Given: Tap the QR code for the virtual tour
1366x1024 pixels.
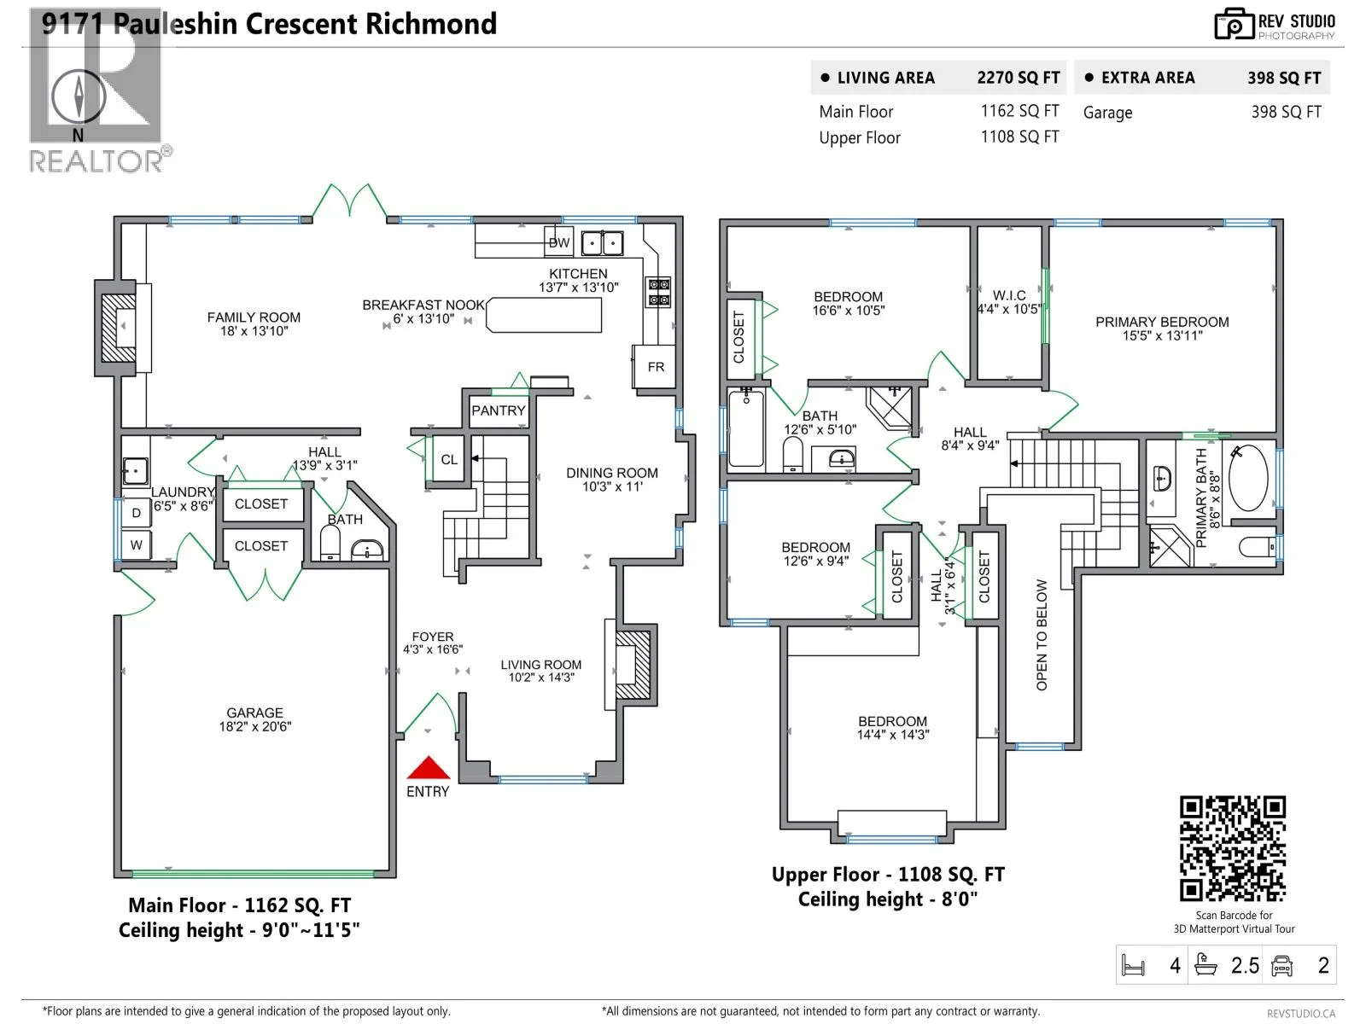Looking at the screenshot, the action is (x=1232, y=848).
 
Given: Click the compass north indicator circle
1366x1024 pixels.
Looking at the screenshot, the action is (x=79, y=96).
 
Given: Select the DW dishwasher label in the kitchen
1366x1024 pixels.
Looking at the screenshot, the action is (x=559, y=242).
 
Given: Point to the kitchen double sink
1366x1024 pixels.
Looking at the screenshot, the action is (x=602, y=243).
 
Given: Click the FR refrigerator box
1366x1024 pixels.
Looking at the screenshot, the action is (x=655, y=367).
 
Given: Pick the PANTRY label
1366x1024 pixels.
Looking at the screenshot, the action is (x=499, y=410).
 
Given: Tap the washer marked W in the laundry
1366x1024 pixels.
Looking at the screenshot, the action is (x=137, y=545).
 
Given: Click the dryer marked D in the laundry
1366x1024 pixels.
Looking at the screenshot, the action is (x=137, y=513).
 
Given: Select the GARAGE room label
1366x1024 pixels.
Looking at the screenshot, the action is (x=254, y=713).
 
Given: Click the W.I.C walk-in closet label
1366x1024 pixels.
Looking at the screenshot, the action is (x=1009, y=294).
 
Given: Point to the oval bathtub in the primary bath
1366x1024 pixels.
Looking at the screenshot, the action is (x=1248, y=477).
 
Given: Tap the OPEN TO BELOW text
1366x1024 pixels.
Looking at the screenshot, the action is (x=1041, y=635).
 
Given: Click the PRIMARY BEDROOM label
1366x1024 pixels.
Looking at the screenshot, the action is (x=1162, y=322).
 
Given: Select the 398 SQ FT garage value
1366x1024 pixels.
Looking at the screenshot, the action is (x=1286, y=112).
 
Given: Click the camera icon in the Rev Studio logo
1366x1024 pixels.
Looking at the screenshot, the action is (x=1234, y=24).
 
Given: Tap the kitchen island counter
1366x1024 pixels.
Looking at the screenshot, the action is (x=543, y=315).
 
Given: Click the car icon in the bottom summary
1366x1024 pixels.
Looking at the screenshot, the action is (x=1281, y=966).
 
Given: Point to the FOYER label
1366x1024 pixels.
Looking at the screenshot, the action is (x=433, y=637).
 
